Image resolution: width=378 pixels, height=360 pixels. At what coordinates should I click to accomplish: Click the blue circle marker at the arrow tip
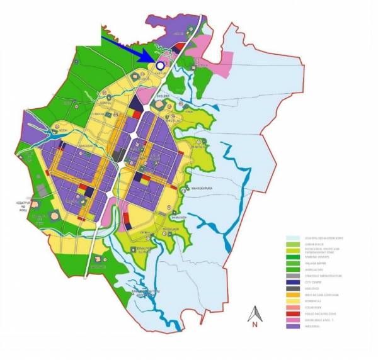[160, 65]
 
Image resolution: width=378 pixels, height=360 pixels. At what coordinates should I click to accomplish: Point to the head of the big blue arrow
[151, 60]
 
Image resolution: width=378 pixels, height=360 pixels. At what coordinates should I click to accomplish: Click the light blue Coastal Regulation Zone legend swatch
[290, 238]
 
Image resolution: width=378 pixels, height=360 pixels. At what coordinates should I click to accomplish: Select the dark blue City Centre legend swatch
[290, 282]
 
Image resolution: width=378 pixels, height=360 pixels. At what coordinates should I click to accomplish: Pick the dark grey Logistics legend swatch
[290, 288]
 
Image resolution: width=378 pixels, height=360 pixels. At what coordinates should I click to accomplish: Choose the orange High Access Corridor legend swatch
[290, 295]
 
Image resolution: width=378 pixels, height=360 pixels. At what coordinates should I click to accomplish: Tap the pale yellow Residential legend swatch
[290, 301]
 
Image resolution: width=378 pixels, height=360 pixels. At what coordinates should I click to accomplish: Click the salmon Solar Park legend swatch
[290, 307]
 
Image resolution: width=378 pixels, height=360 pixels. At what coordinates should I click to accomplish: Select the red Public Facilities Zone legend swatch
[290, 313]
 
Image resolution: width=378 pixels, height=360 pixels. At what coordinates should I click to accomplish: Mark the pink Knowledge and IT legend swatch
[290, 320]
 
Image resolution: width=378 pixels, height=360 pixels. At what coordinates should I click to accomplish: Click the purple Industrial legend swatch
[290, 326]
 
